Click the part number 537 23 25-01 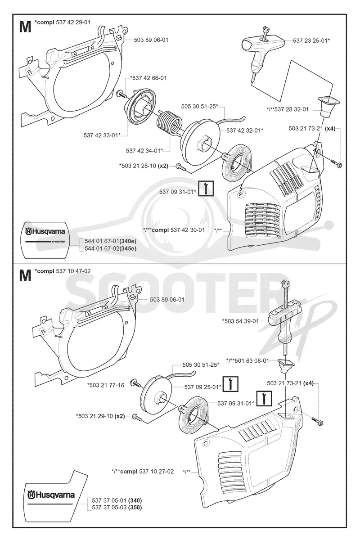(x=311, y=40)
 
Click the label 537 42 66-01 (x=148, y=78)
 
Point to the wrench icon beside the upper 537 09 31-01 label (x=206, y=188)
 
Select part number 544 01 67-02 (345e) (x=110, y=248)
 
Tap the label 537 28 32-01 (x=288, y=109)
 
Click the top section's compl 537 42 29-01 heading (x=63, y=22)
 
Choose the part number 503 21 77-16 (x=106, y=385)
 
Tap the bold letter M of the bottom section (x=25, y=275)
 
